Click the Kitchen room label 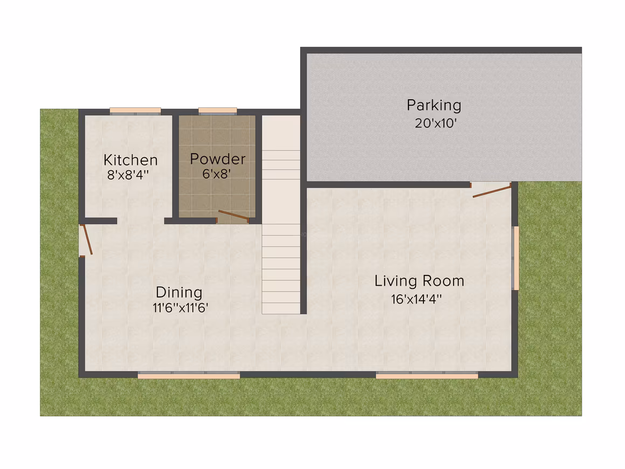tap(130, 160)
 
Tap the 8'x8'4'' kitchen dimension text tap(128, 175)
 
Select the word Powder tap(218, 158)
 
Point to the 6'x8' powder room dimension tap(217, 174)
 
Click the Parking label tap(434, 105)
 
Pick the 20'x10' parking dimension tap(435, 123)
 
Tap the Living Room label tap(419, 281)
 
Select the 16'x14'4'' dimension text tap(416, 299)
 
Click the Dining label tap(179, 292)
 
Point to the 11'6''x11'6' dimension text tap(180, 307)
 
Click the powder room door tap(234, 216)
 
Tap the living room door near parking tap(492, 191)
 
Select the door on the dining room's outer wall tap(87, 240)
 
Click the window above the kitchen tap(136, 111)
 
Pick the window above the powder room tap(218, 111)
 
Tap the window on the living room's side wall tap(515, 258)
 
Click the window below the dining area tap(189, 375)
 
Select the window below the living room tap(427, 375)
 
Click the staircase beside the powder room tap(281, 215)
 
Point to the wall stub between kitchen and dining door tap(101, 221)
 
